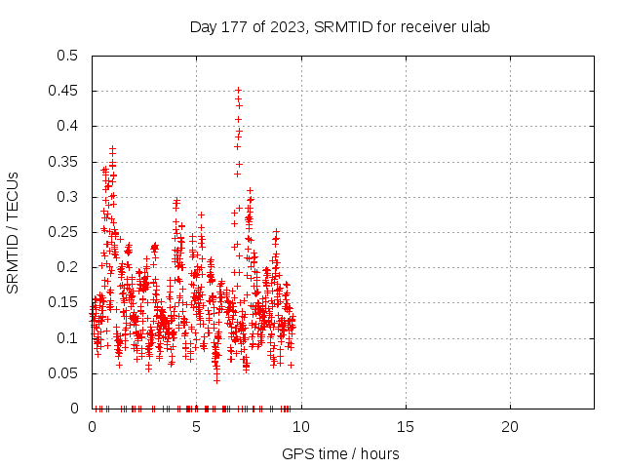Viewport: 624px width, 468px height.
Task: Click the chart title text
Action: tap(339, 26)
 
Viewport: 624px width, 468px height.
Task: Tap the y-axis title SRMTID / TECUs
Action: tap(13, 231)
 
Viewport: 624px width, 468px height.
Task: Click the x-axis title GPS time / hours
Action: tap(340, 453)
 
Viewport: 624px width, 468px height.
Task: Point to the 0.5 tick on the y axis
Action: tap(67, 56)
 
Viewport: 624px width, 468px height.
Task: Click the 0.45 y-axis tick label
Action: tap(63, 91)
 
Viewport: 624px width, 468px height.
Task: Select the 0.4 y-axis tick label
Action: tap(67, 126)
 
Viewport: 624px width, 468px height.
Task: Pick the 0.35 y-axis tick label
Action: tap(63, 161)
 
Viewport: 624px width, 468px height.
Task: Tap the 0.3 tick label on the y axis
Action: tap(67, 197)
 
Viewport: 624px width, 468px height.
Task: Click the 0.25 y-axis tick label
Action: tap(63, 232)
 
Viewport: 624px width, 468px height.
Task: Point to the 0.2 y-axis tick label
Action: tap(67, 267)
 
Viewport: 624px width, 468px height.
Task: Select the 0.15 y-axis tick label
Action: tap(63, 302)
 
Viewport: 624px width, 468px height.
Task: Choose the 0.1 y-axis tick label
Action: tap(67, 337)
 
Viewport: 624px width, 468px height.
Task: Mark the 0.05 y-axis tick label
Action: tap(63, 372)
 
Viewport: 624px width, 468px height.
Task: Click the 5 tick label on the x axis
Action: tap(196, 426)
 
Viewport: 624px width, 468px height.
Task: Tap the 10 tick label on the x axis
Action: tap(300, 426)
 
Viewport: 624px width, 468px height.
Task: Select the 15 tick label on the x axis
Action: tap(405, 426)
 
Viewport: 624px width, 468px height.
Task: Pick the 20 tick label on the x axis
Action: tap(509, 426)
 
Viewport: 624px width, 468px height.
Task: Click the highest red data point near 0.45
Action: tap(238, 90)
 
